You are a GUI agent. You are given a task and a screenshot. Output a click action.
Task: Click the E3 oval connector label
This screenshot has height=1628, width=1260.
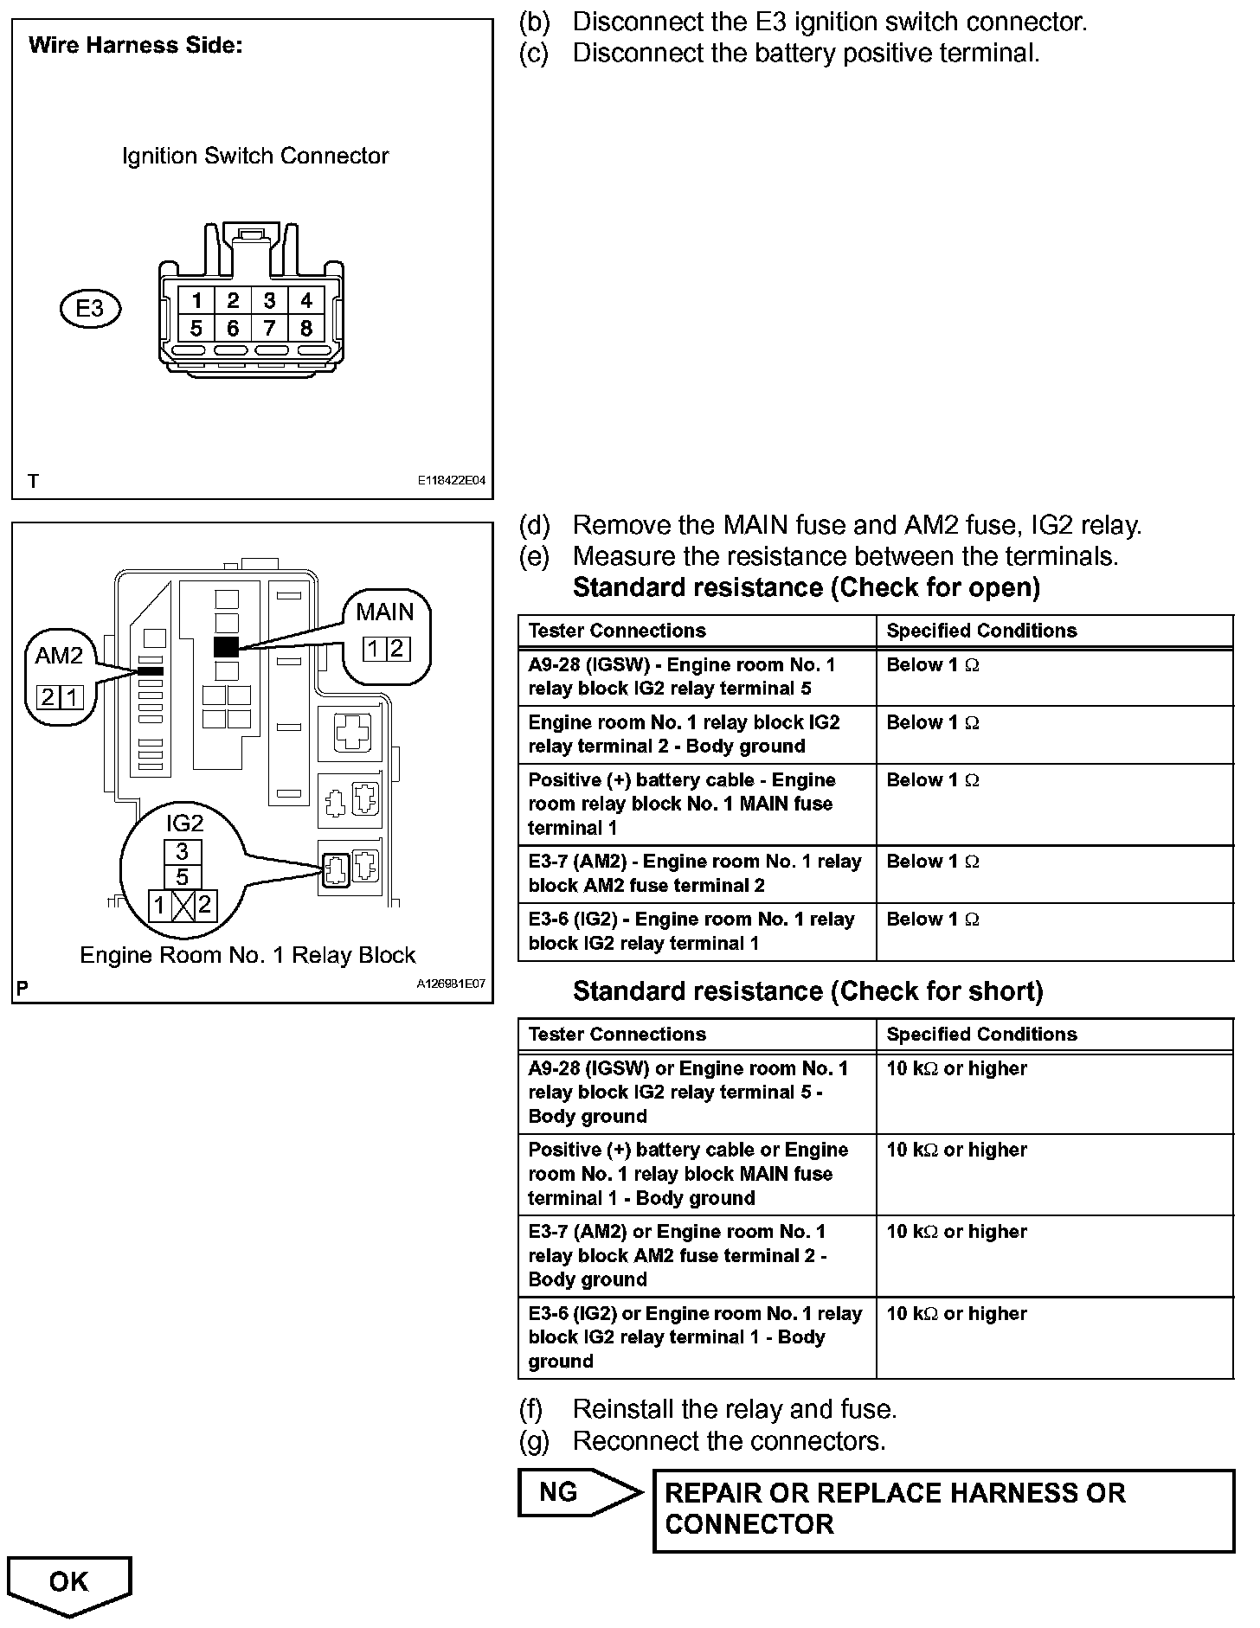click(x=90, y=309)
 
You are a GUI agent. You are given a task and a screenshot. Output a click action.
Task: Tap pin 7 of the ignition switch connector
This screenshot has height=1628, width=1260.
click(x=270, y=329)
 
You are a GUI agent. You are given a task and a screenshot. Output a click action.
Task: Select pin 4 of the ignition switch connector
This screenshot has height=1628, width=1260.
click(x=306, y=300)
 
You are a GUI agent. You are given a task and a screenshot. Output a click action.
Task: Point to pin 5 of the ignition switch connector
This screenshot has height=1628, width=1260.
click(x=196, y=329)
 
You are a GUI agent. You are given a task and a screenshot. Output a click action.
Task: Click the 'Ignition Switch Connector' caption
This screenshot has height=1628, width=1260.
click(x=255, y=157)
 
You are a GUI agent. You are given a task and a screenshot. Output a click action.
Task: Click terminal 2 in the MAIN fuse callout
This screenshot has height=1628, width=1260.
click(x=397, y=649)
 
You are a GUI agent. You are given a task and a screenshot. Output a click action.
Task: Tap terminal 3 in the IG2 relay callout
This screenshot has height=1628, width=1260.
click(x=183, y=852)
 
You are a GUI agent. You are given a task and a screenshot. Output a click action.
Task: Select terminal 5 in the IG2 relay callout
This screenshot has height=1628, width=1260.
click(x=183, y=877)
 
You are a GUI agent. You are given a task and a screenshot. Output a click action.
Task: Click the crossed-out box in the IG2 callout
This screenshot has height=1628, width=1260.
click(x=183, y=906)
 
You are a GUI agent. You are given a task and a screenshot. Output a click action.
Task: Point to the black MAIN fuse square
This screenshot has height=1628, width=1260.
click(x=226, y=646)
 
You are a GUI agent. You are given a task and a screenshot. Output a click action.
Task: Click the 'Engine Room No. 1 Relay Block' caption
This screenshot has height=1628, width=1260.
click(x=247, y=955)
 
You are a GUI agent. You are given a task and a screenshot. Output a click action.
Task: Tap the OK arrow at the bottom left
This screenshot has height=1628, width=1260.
click(x=68, y=1585)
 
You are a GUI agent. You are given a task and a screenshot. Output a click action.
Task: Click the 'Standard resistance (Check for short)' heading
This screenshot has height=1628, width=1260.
click(x=807, y=991)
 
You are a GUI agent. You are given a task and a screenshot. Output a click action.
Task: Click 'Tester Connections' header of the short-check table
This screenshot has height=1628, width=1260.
click(x=617, y=1035)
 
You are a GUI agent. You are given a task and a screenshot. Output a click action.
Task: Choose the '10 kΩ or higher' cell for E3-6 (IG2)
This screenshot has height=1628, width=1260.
click(x=956, y=1313)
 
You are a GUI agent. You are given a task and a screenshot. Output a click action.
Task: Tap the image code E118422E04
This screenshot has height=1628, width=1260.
click(x=451, y=481)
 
